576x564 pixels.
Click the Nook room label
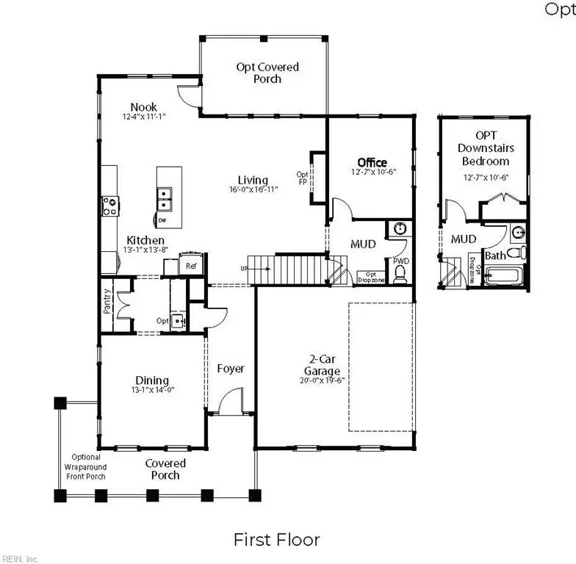tap(143, 107)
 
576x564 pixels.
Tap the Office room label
tap(372, 162)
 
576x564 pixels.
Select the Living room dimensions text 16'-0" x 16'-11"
tap(252, 189)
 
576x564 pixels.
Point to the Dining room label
tap(151, 380)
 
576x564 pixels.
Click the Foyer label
tap(231, 369)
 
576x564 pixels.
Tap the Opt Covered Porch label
tap(267, 73)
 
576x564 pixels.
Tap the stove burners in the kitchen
tap(110, 206)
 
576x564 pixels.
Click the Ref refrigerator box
tap(191, 266)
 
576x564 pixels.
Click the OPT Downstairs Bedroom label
tap(485, 148)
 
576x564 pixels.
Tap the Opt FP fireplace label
tap(302, 179)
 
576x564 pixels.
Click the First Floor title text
tap(276, 540)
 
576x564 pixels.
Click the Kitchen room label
tap(145, 240)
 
